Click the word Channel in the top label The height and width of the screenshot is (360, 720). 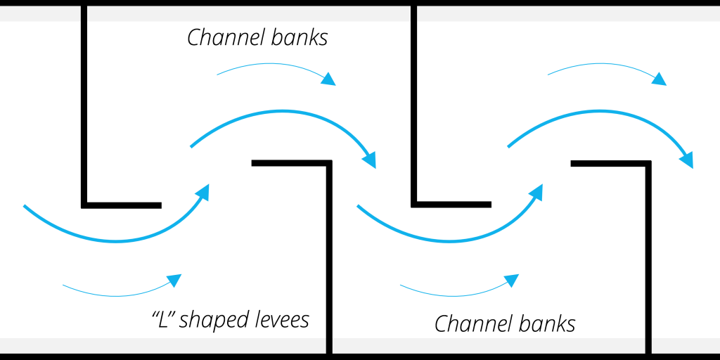pos(221,38)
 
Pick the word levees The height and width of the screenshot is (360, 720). pos(281,320)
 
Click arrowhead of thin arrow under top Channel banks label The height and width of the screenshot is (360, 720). pos(328,79)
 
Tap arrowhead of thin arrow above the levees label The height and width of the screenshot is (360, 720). pos(174,280)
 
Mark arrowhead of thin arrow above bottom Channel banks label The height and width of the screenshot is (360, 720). pos(512,280)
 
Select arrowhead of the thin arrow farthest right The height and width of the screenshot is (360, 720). pos(659,79)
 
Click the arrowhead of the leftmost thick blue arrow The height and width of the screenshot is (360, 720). pos(203,190)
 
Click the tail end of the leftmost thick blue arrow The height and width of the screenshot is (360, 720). pos(25,206)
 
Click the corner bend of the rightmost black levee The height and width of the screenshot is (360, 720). pos(648,164)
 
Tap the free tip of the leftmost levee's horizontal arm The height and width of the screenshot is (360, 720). pos(160,205)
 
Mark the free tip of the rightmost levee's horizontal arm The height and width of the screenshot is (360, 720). pos(572,164)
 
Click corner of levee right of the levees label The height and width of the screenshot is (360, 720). pos(329,164)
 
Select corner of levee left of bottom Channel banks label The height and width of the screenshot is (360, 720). pos(414,205)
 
